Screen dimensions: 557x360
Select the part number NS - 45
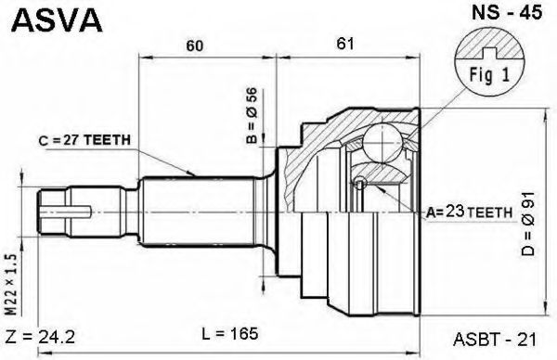[x=507, y=13]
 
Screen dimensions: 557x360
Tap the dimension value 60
[x=195, y=45]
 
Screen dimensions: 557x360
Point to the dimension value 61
[x=345, y=44]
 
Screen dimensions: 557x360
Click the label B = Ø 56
[x=252, y=115]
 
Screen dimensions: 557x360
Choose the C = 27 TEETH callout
[x=84, y=141]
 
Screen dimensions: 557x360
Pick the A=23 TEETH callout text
[x=469, y=212]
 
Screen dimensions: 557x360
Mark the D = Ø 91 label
[x=528, y=224]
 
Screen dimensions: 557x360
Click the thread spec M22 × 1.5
[x=11, y=284]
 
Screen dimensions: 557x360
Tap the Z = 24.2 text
[x=41, y=336]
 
